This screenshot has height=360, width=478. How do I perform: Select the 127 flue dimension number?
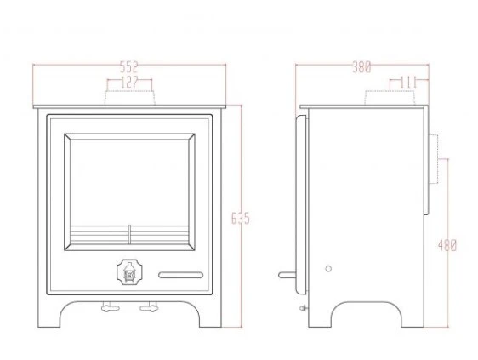(128, 82)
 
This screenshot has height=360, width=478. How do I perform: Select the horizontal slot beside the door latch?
(181, 274)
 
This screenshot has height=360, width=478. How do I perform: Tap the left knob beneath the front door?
(108, 306)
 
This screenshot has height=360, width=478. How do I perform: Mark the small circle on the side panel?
(328, 268)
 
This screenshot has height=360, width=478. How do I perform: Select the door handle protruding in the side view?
(288, 275)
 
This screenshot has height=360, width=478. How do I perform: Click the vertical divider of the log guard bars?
(129, 235)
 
